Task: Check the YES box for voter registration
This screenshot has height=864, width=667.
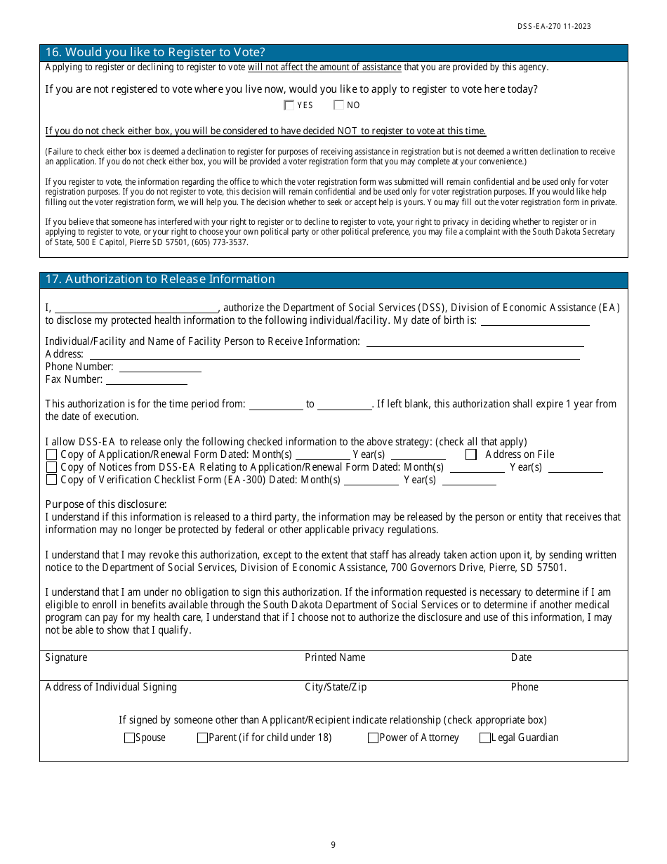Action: coord(289,105)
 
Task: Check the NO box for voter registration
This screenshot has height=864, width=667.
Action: coord(338,105)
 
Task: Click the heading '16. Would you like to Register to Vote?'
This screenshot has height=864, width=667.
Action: coord(155,53)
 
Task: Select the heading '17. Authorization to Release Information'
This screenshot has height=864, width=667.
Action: coord(160,280)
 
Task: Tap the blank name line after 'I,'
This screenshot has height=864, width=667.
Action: coord(136,308)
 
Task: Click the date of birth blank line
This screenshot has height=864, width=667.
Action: coord(535,321)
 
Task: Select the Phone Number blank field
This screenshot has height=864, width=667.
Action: coord(160,367)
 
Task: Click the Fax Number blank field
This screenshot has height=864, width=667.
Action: coord(147,380)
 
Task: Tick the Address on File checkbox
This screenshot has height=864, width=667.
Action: coord(471,454)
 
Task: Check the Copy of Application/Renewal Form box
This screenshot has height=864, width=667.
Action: coord(51,454)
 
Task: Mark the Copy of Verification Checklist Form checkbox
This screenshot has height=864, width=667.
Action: coord(51,480)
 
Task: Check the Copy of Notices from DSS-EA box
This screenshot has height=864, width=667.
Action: coord(51,467)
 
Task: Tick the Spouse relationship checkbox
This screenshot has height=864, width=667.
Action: coord(129,738)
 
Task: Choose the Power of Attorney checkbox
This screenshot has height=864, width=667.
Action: coord(373,738)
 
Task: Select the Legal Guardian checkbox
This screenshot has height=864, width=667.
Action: coord(484,738)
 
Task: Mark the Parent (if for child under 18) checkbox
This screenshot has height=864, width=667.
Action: coord(202,738)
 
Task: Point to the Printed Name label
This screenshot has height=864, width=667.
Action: coord(335,658)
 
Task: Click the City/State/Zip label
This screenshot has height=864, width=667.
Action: coord(336,688)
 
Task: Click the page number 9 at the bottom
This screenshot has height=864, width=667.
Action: coord(333,845)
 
